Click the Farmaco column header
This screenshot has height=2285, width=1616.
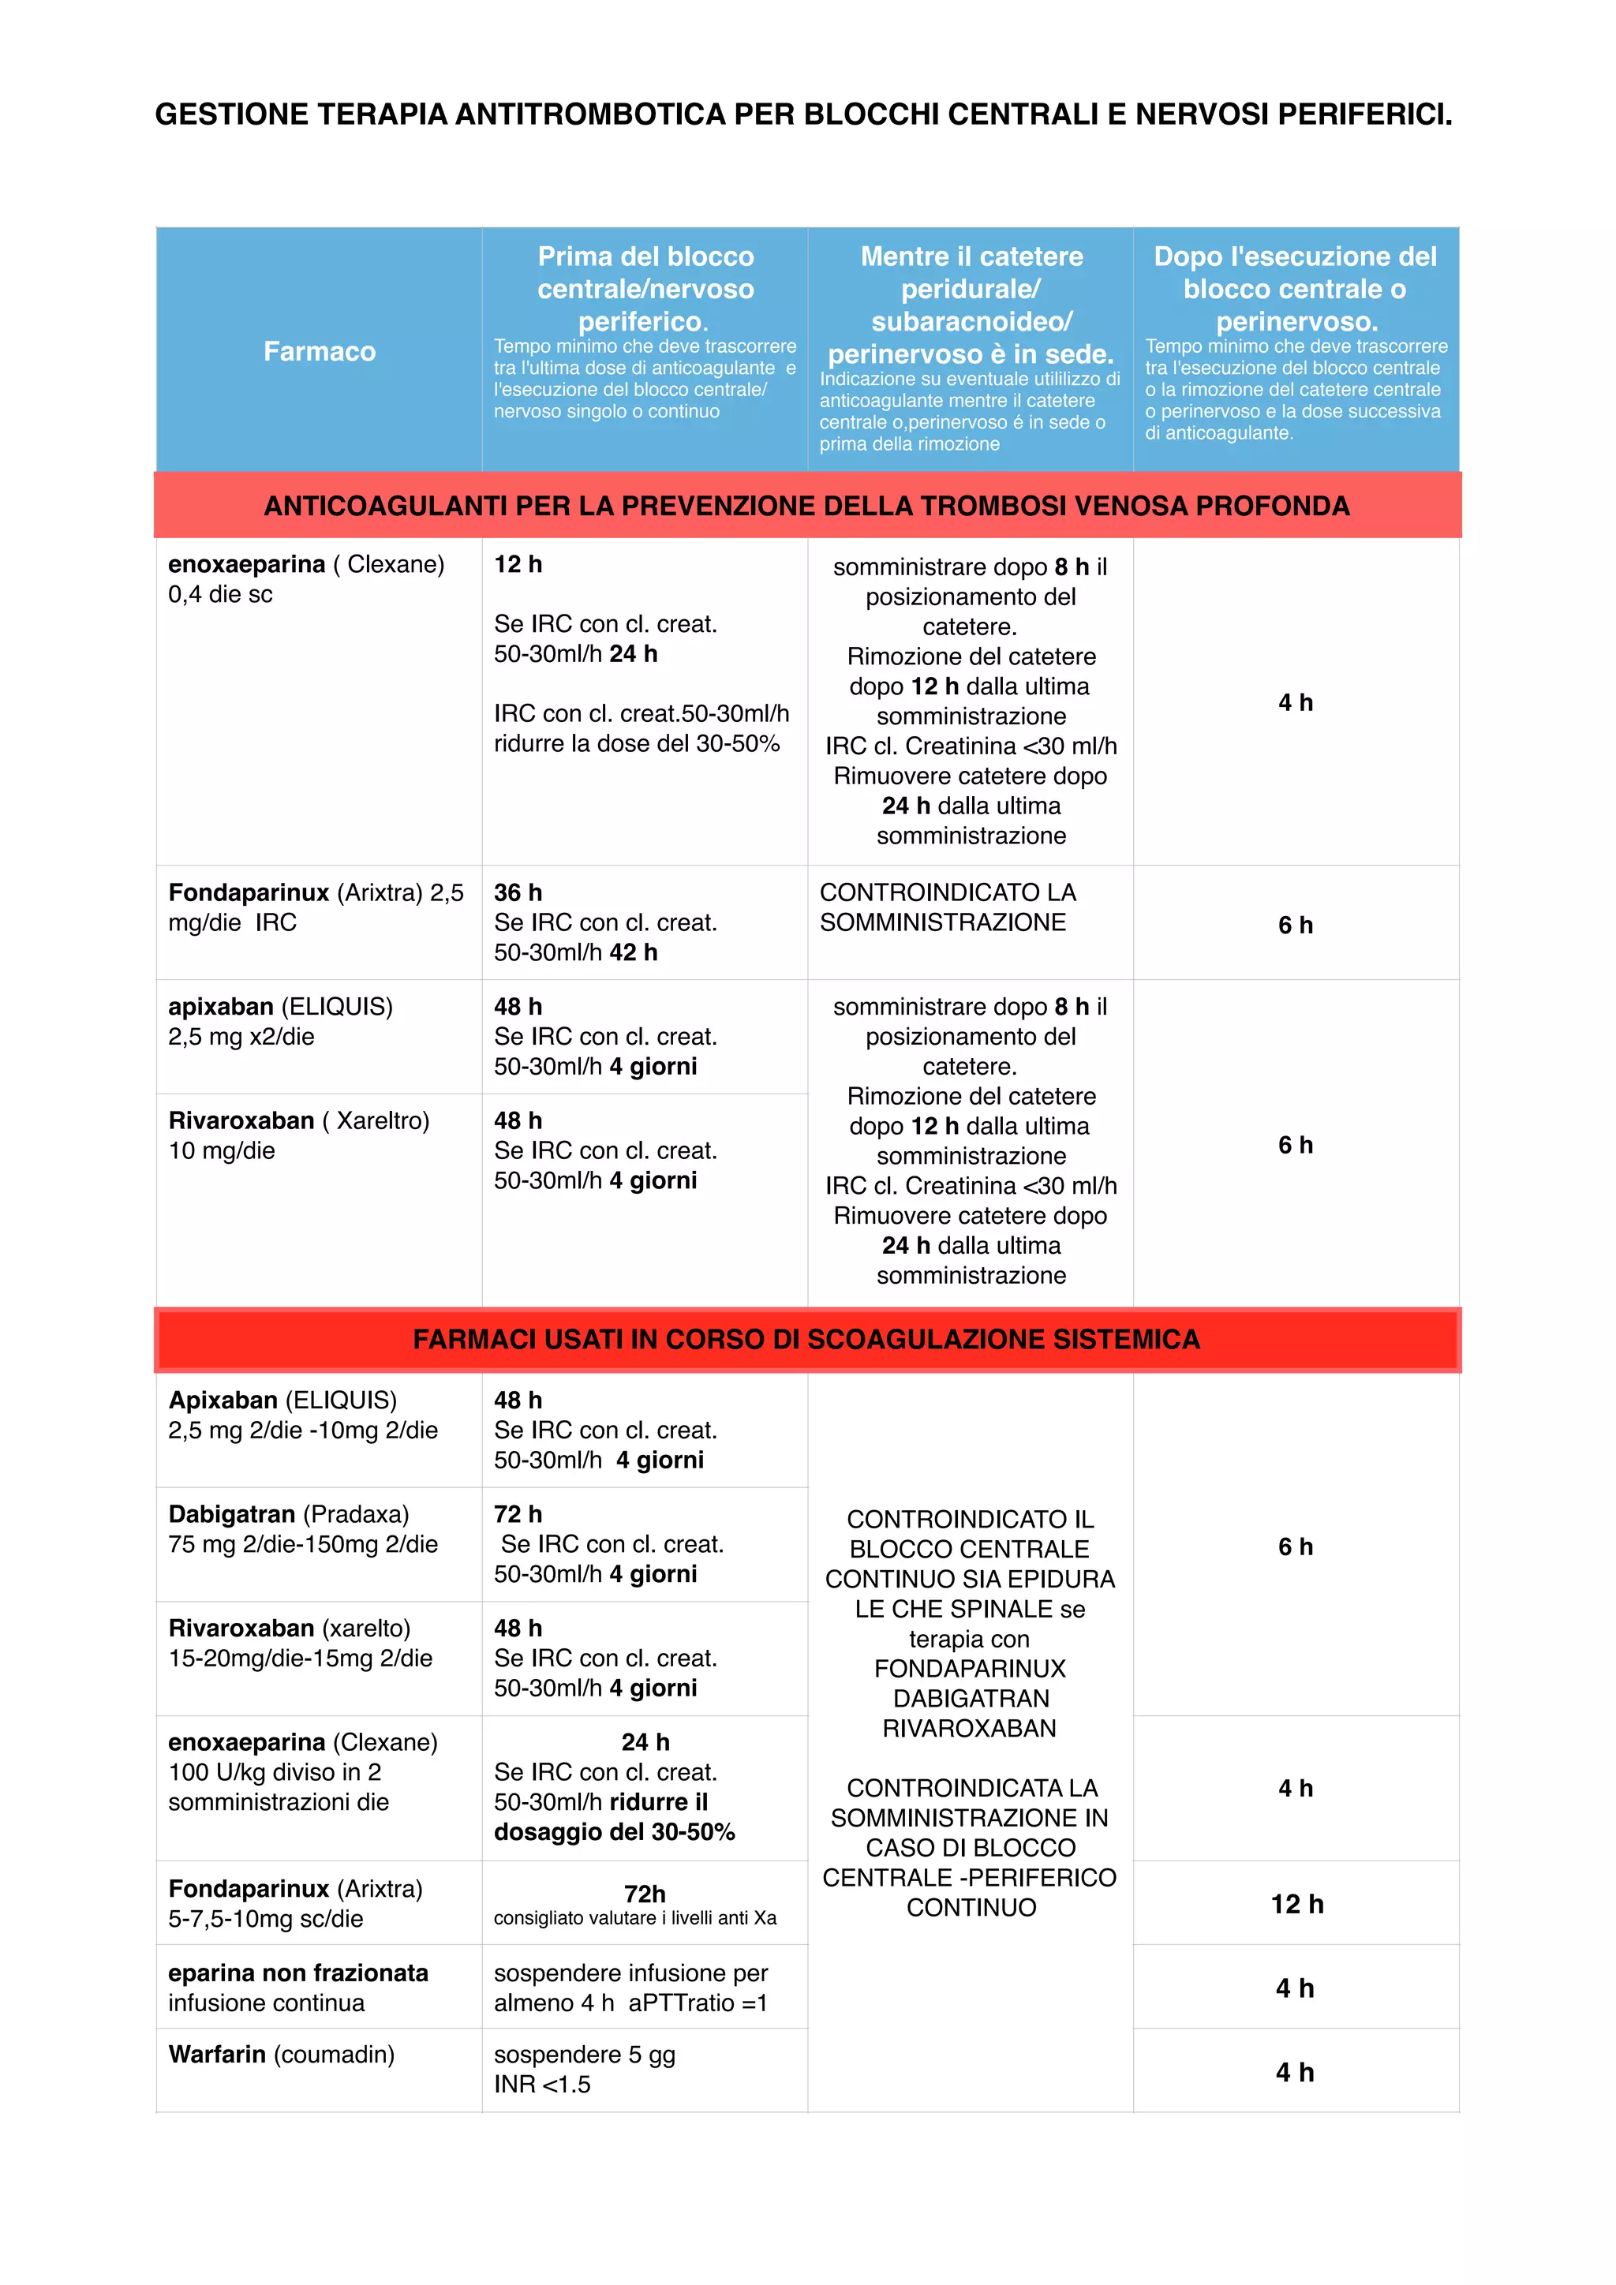click(320, 351)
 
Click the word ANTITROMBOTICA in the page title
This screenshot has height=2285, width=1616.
click(590, 114)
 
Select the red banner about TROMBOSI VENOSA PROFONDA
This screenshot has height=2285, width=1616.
click(807, 506)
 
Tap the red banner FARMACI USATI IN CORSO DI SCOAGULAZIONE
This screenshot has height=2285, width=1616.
click(807, 1340)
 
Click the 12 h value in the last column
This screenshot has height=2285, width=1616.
click(1296, 1904)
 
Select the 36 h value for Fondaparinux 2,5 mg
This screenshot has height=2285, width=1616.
click(518, 892)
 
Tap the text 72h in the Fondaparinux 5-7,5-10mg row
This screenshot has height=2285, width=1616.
click(645, 1893)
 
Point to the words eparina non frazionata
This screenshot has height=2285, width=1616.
click(298, 1973)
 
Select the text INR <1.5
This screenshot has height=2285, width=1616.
click(542, 2084)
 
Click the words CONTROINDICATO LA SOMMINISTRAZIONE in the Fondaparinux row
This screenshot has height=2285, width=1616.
click(948, 907)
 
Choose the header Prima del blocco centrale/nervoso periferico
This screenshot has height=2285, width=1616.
click(645, 289)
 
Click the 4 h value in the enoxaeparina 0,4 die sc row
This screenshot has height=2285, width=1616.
click(1296, 702)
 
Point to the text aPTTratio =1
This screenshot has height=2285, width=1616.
click(698, 2003)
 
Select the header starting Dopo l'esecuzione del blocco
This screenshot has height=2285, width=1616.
click(1296, 289)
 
